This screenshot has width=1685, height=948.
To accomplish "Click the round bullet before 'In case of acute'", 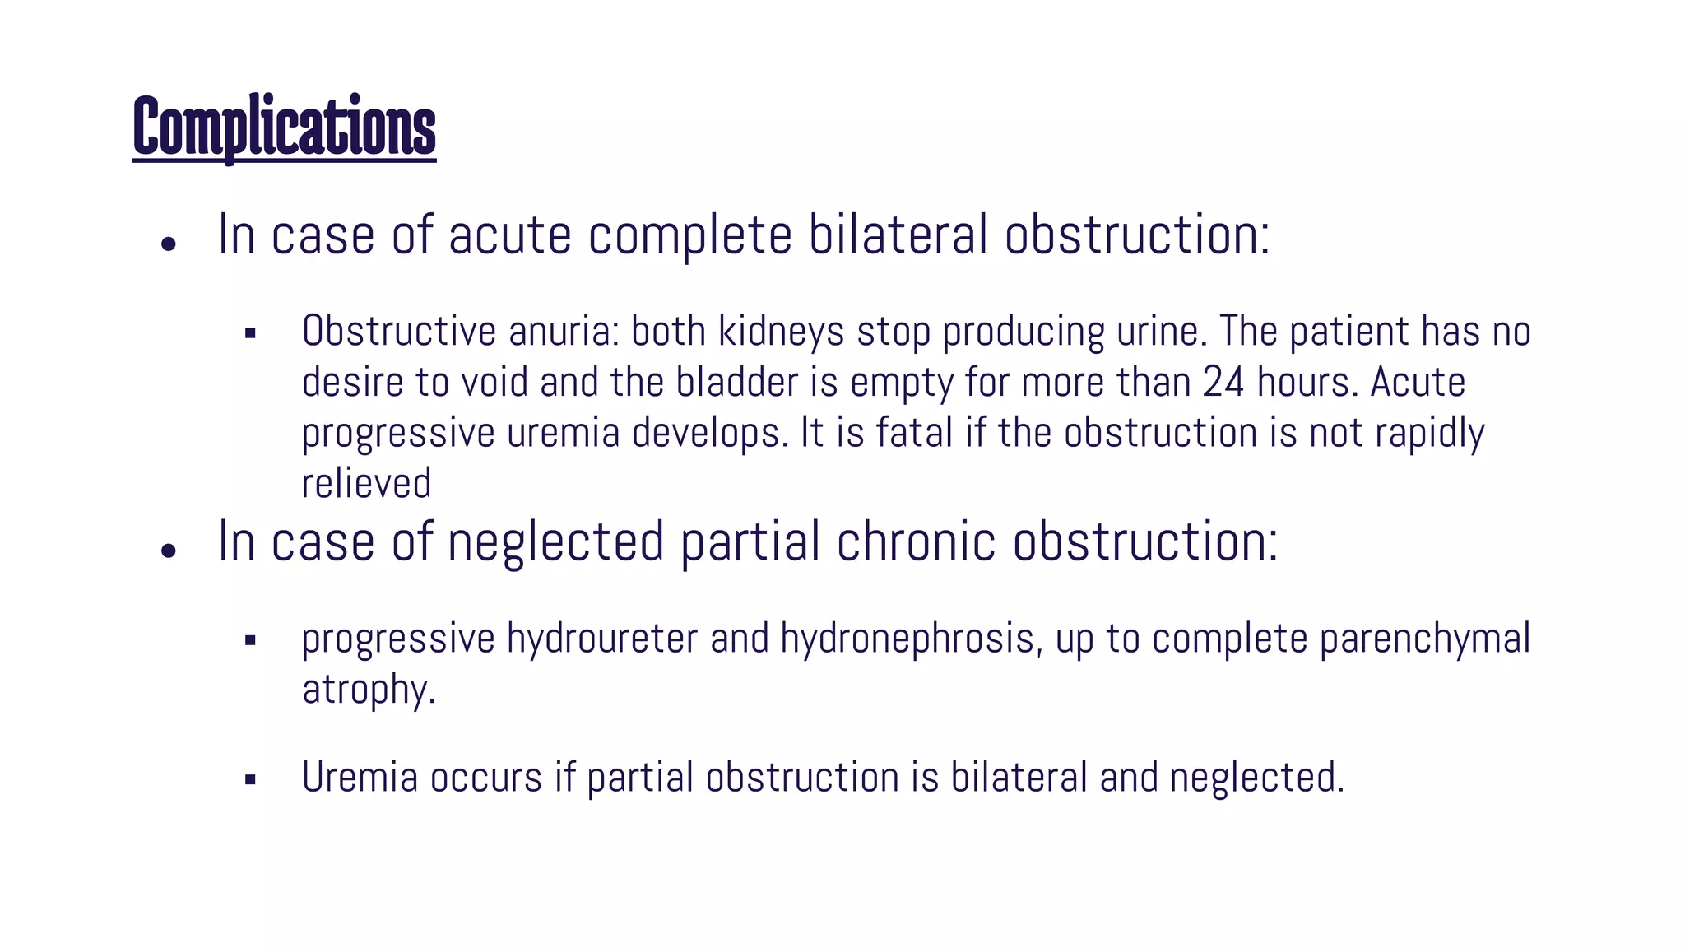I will [x=169, y=244].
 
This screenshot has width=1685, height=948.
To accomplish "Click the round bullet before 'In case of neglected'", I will [x=169, y=551].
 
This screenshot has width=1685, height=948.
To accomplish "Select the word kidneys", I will [x=781, y=332].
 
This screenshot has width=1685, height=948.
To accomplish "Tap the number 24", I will [x=1223, y=383].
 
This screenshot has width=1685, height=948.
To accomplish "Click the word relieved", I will [x=366, y=484].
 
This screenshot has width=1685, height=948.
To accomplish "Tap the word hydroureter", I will [x=602, y=639].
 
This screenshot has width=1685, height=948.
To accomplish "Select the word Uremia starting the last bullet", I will [x=360, y=778].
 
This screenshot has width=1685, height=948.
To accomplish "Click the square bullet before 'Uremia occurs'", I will [x=250, y=779].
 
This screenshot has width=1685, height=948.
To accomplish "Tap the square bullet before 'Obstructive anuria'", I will [x=250, y=334].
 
